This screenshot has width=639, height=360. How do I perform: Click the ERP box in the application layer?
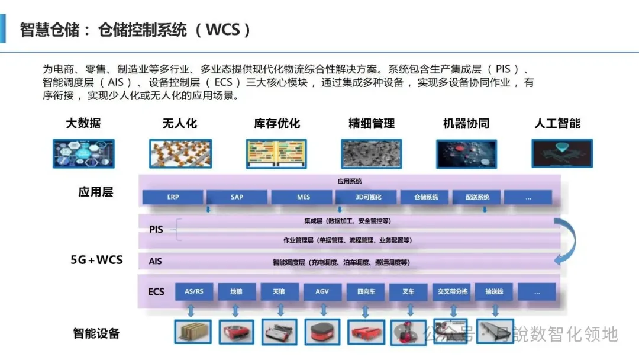click(x=173, y=197)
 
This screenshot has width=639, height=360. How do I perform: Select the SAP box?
click(x=237, y=197)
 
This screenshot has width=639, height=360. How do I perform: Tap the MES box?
click(x=303, y=197)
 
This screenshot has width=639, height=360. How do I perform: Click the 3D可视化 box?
click(x=368, y=197)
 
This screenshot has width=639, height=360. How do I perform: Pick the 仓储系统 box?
click(x=426, y=197)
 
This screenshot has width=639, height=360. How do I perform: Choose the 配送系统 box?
click(x=477, y=197)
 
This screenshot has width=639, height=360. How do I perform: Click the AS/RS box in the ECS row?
click(x=194, y=291)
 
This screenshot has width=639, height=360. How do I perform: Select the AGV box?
click(x=322, y=291)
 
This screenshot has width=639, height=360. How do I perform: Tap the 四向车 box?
click(x=366, y=291)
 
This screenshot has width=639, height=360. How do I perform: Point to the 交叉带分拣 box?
click(x=453, y=291)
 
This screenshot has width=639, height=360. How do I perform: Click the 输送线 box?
click(x=493, y=291)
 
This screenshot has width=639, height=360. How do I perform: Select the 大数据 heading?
click(x=83, y=124)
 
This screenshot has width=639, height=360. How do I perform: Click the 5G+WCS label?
click(x=96, y=259)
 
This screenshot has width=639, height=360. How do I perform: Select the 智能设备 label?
click(x=96, y=333)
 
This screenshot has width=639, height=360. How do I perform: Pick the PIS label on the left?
click(x=156, y=229)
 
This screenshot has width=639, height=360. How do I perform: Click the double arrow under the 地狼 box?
click(x=235, y=310)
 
